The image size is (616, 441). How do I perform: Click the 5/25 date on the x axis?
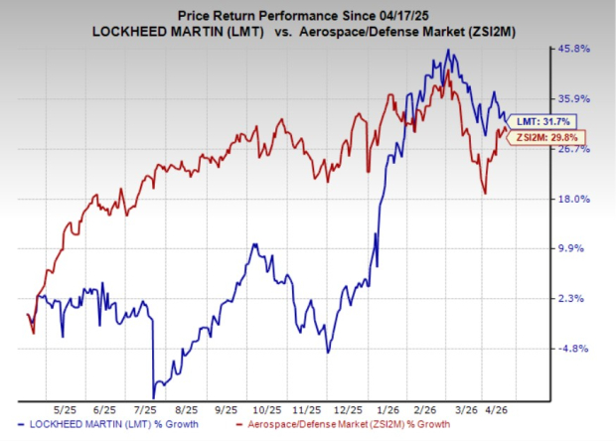[x=66, y=408]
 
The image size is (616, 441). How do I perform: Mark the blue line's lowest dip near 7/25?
[x=153, y=396]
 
